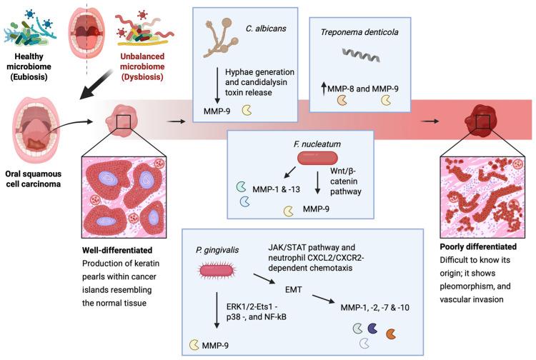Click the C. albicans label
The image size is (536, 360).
(x=266, y=29)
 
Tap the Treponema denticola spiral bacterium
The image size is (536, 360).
(x=361, y=55)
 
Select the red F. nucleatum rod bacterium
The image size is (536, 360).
(x=317, y=158)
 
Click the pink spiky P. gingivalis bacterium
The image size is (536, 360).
(x=216, y=271)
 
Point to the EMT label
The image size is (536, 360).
(x=293, y=289)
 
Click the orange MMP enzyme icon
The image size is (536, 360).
(x=391, y=334)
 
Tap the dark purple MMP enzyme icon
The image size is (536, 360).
(x=372, y=329)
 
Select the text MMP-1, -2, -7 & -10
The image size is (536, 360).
(x=374, y=308)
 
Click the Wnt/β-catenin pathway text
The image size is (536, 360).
(x=346, y=181)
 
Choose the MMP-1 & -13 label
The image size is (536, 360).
(x=276, y=189)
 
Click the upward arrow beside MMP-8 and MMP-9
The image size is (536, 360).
(x=323, y=89)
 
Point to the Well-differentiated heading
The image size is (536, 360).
(x=117, y=251)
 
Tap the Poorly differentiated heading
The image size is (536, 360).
(x=478, y=246)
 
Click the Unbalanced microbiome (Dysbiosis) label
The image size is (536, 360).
(x=142, y=66)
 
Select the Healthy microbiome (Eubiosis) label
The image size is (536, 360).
(x=29, y=66)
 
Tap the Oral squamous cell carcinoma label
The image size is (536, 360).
(x=33, y=179)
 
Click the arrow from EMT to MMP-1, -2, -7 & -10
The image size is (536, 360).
(x=323, y=299)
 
